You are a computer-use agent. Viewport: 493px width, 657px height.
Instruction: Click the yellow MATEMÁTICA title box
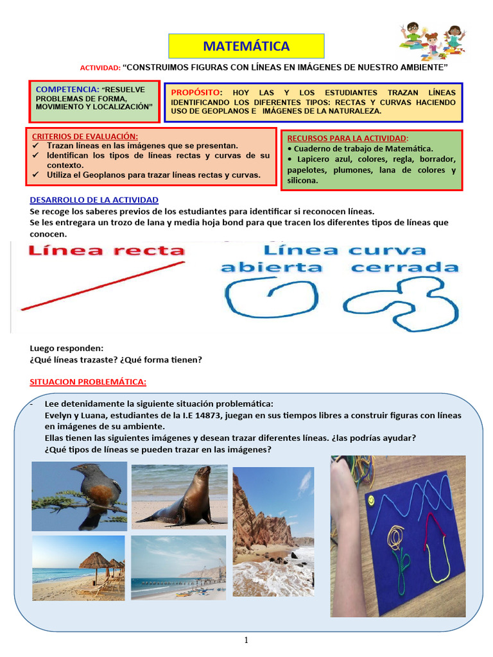pyautogui.click(x=246, y=46)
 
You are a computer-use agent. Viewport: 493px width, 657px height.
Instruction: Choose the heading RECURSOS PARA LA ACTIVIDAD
pyautogui.click(x=347, y=138)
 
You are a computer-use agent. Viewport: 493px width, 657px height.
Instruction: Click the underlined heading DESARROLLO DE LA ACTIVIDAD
pyautogui.click(x=94, y=200)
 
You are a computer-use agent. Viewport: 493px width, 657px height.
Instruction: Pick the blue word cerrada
pyautogui.click(x=405, y=267)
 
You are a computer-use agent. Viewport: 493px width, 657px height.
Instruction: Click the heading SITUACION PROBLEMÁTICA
pyautogui.click(x=88, y=382)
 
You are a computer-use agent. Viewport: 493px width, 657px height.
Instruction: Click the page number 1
pyautogui.click(x=246, y=640)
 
